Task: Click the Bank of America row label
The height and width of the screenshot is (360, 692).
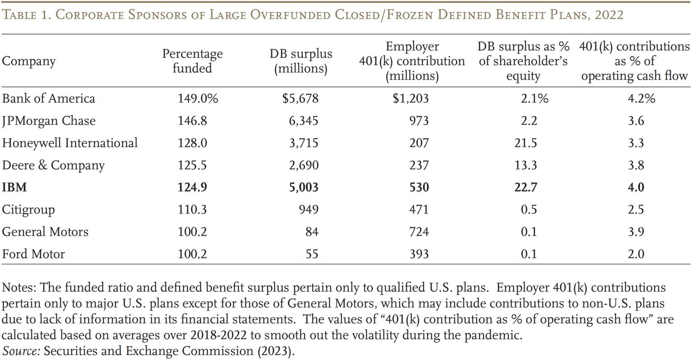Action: tap(49, 99)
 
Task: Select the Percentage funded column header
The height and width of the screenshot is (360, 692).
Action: tap(192, 61)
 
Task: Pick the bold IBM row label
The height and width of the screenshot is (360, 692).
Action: tap(14, 187)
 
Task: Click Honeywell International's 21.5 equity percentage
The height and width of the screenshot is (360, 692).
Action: tap(525, 143)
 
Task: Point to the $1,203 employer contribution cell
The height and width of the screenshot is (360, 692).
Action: tap(410, 99)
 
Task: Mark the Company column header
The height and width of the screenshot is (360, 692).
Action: tap(29, 61)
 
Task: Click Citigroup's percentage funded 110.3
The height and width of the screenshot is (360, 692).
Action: tap(192, 210)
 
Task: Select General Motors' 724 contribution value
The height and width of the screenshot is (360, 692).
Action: tap(419, 232)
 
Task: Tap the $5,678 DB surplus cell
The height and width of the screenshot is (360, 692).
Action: tap(300, 99)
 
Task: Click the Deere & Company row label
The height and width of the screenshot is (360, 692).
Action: tap(53, 165)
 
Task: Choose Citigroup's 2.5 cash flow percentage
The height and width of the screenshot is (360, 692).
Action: tap(636, 210)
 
